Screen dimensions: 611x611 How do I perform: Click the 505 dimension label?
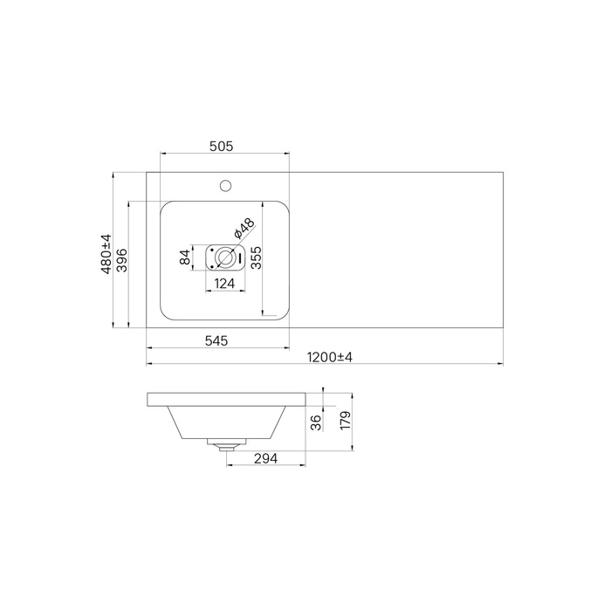222,146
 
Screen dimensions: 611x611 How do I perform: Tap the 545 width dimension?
216,341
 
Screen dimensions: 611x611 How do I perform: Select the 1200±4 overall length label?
330,357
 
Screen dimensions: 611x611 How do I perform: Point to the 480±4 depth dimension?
106,254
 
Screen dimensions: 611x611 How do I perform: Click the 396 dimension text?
121,260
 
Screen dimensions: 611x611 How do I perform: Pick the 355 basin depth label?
256,257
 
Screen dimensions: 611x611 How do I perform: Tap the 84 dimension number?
185,257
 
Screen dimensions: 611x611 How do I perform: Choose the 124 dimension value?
225,284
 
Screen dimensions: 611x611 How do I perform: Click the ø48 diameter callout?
244,229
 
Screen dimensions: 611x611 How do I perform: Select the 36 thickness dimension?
317,422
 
